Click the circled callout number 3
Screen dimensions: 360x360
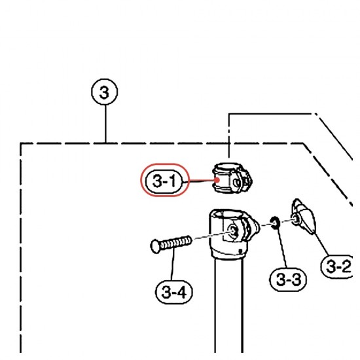pyautogui.click(x=105, y=92)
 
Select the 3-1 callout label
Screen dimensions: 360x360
pyautogui.click(x=164, y=181)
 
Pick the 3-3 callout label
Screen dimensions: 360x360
pyautogui.click(x=288, y=279)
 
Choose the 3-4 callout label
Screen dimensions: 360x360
pyautogui.click(x=174, y=292)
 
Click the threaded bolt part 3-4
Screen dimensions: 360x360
pyautogui.click(x=171, y=244)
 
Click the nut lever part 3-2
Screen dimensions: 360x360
pyautogui.click(x=303, y=216)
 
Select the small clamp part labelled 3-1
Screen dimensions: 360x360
pyautogui.click(x=232, y=178)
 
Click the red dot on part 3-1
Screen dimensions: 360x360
pyautogui.click(x=217, y=180)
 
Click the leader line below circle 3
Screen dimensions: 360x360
pyautogui.click(x=105, y=124)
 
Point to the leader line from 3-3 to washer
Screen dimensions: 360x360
pyautogui.click(x=282, y=248)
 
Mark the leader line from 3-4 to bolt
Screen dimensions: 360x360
pyautogui.click(x=173, y=264)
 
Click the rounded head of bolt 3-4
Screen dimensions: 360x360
pyautogui.click(x=155, y=246)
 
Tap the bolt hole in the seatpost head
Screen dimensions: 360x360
pyautogui.click(x=234, y=231)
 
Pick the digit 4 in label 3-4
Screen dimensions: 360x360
pyautogui.click(x=181, y=293)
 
